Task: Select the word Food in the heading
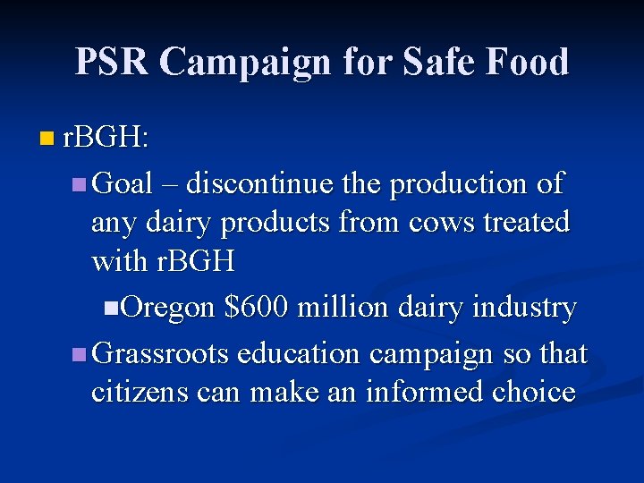pyautogui.click(x=528, y=62)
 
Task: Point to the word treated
pyautogui.click(x=527, y=222)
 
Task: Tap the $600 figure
pyautogui.click(x=256, y=307)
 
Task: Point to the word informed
pyautogui.click(x=421, y=392)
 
